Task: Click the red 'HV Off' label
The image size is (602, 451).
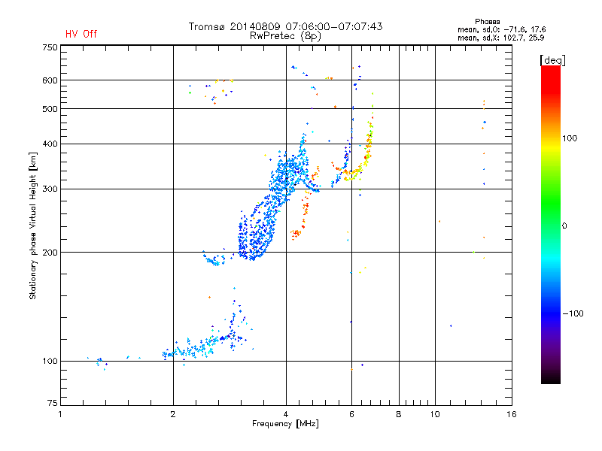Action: tap(81, 34)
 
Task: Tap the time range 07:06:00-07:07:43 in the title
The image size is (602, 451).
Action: tap(331, 26)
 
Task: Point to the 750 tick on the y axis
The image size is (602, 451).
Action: tap(50, 47)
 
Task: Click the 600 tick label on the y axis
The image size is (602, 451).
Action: tap(50, 80)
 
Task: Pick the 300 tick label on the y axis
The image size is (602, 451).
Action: tap(50, 189)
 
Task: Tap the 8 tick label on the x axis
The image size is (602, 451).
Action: tap(399, 414)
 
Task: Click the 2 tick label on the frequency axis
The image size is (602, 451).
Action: tap(173, 414)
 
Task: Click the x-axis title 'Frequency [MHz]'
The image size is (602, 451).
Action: tap(285, 424)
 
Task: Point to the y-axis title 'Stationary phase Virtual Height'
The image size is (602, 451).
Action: tap(33, 225)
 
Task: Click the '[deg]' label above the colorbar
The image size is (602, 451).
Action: tap(552, 59)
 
